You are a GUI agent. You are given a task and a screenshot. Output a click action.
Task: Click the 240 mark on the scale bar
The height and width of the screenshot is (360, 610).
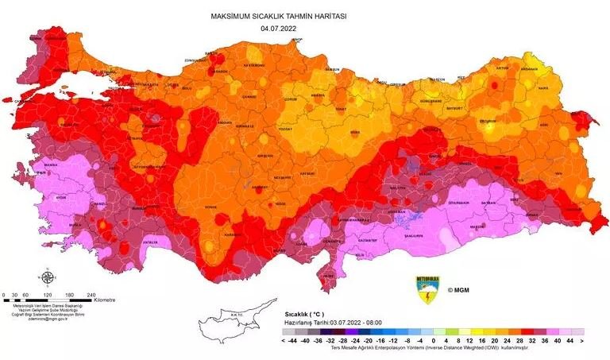click(91, 294)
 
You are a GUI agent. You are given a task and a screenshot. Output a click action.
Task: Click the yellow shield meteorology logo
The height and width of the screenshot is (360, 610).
click(427, 288)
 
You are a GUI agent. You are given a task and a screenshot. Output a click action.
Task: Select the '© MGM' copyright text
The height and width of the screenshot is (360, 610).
click(459, 291)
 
